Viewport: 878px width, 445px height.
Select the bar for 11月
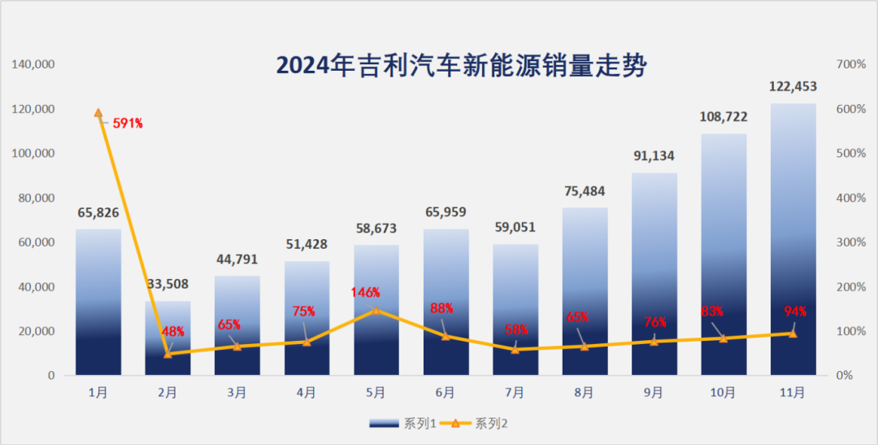point(793,244)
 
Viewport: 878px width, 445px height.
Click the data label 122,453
point(793,87)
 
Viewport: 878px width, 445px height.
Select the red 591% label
point(128,124)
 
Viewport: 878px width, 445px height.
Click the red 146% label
point(365,292)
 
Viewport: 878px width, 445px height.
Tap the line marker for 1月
point(98,113)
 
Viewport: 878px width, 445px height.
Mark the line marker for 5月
point(376,310)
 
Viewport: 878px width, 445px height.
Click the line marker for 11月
point(793,334)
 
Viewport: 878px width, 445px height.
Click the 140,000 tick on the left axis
point(33,64)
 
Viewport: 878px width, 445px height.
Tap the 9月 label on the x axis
point(654,392)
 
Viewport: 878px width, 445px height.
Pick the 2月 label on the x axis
point(167,392)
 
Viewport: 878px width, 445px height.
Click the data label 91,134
point(654,156)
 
